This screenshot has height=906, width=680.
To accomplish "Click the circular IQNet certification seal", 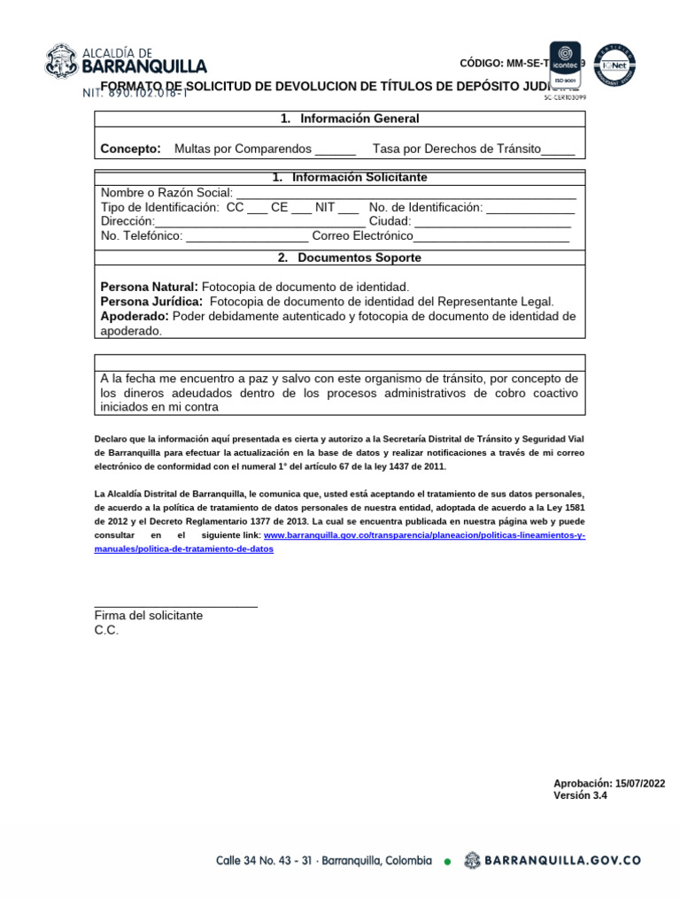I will pos(616,64).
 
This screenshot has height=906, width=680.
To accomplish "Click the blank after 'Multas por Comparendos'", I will pos(335,150).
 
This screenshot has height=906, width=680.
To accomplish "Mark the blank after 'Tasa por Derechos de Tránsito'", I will pos(558,150).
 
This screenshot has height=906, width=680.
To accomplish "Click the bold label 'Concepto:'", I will pos(130,149).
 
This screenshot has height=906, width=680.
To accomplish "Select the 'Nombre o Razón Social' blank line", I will pos(406,195).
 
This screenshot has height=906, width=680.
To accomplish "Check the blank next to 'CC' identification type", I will pos(257,209).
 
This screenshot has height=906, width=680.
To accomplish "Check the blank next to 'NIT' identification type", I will pos(348,209).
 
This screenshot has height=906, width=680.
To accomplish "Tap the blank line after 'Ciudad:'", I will pos(492,223).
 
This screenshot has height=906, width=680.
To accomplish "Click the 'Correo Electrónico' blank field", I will pos(491,237).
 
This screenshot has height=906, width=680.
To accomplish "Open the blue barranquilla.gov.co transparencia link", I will pos(424,536).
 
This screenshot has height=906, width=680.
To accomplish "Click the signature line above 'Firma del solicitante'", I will pos(175,605).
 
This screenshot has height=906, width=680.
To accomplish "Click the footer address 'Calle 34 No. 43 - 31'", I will pos(264,860).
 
